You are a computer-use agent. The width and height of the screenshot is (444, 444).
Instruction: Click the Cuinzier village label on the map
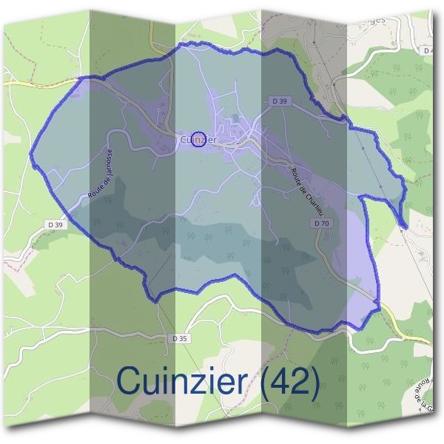click(198, 139)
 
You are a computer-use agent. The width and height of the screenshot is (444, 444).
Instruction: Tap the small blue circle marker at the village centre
click(198, 138)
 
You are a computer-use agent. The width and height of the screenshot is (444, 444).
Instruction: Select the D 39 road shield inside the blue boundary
click(278, 100)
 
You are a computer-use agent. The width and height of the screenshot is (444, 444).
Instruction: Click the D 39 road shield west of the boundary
click(55, 224)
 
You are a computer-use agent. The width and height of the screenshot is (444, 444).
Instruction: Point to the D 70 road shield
click(320, 223)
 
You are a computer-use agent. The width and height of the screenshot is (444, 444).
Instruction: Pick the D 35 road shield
click(179, 338)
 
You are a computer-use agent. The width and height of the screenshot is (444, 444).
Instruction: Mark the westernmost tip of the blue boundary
click(31, 156)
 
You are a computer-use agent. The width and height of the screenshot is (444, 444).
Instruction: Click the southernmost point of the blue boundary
click(318, 331)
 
